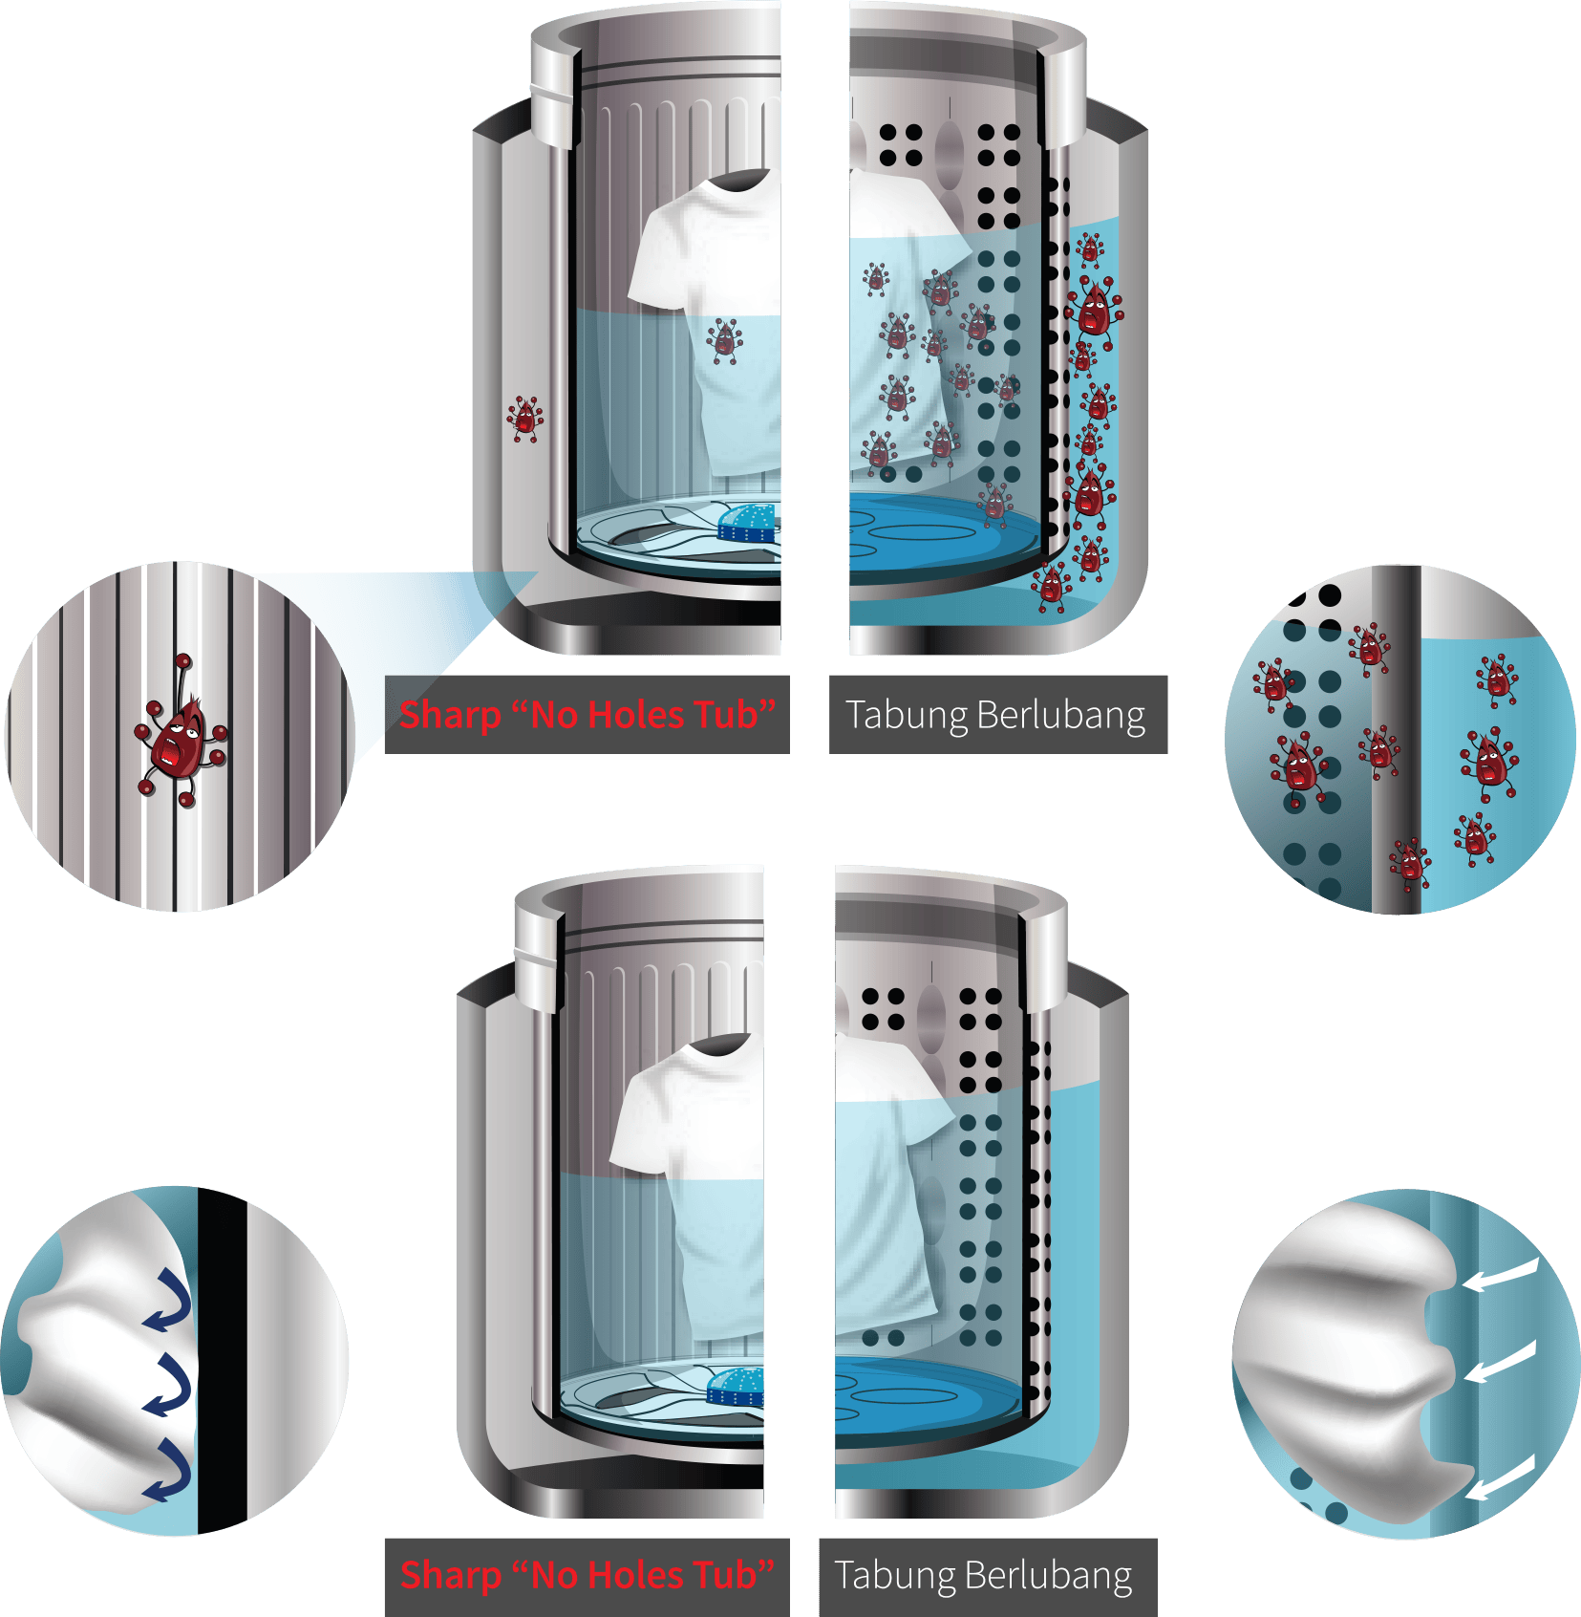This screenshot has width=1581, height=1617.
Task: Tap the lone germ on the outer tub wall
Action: coord(524,419)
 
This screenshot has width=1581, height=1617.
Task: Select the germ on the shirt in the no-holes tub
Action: coord(725,341)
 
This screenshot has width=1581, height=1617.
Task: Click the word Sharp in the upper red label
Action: coord(450,715)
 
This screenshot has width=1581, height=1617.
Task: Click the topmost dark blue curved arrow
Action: coord(169,1301)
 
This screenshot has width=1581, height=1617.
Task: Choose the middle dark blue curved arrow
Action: coord(169,1386)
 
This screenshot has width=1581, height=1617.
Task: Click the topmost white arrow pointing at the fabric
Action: coord(1500,1277)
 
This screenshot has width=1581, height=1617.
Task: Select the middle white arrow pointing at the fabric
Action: coord(1500,1362)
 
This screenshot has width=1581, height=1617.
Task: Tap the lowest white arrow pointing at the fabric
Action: coord(1500,1477)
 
